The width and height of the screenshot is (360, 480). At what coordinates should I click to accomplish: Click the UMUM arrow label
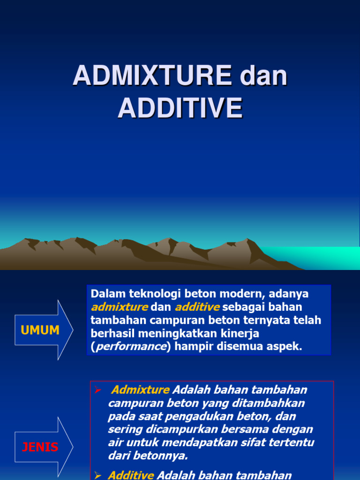[40, 330]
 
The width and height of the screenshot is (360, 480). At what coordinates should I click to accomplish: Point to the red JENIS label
[40, 447]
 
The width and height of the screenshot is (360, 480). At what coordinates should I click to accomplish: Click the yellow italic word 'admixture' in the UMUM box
[119, 307]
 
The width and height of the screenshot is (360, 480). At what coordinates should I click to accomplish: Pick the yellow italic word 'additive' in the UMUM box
[197, 307]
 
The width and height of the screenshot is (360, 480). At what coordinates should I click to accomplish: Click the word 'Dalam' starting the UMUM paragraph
[106, 294]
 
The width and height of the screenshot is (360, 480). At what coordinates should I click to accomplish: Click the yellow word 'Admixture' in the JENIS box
[141, 390]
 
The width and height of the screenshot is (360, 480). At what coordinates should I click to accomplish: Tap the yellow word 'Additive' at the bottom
[131, 475]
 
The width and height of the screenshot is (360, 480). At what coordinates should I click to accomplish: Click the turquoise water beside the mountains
[328, 258]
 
